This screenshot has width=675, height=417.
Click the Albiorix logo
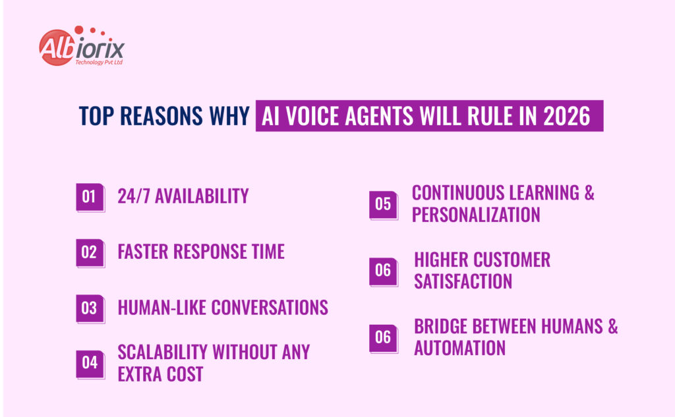point(80,47)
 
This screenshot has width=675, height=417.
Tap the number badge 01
point(90,197)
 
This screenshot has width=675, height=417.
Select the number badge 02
point(90,252)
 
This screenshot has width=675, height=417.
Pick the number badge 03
point(90,308)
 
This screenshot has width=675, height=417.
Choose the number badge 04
point(90,363)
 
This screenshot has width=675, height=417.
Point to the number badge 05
point(383,204)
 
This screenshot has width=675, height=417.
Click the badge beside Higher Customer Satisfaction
point(383,271)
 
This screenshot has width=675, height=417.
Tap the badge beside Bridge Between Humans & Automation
point(383,338)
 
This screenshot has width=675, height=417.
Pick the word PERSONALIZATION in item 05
point(476,215)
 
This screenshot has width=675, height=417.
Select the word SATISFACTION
point(463,281)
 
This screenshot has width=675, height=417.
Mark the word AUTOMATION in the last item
point(459,348)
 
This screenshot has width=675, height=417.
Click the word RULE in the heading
point(498,117)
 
